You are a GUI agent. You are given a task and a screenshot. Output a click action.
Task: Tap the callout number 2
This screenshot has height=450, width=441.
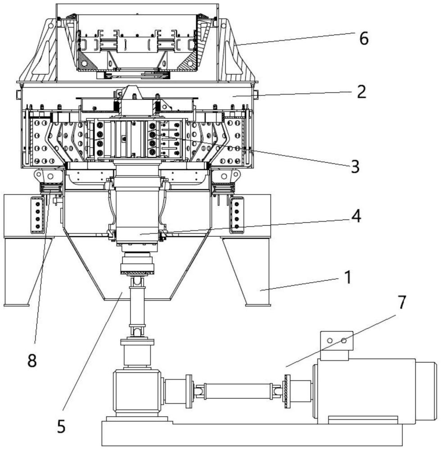361,92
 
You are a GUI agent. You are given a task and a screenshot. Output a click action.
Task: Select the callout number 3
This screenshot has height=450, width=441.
355,166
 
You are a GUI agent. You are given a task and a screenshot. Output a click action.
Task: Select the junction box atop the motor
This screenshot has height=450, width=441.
336,345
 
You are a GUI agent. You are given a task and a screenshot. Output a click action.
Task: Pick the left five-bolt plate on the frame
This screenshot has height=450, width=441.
38,215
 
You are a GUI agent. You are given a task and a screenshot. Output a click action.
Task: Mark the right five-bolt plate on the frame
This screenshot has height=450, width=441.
237,215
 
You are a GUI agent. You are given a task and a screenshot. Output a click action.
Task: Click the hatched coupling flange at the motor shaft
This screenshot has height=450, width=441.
287,391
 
